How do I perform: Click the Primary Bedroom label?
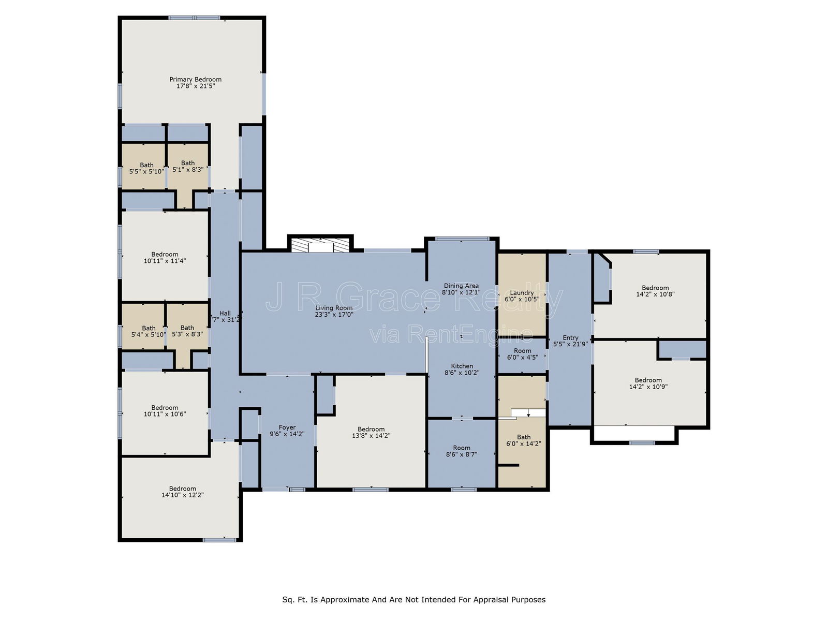195,79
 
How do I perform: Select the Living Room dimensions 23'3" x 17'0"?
334,315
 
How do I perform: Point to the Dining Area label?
461,286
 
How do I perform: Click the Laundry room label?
522,292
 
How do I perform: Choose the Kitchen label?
462,366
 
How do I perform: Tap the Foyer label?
287,427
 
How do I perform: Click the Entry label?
570,338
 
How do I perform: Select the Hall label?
225,313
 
